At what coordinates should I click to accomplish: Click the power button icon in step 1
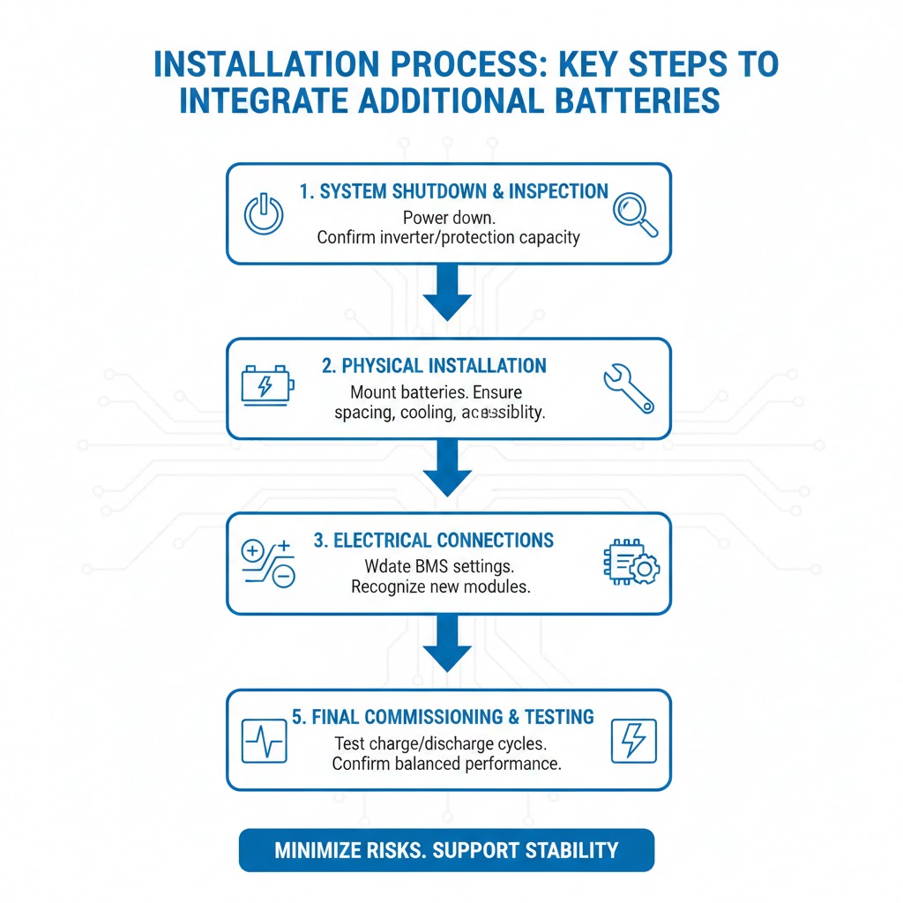(x=263, y=213)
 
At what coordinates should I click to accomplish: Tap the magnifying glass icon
(x=636, y=213)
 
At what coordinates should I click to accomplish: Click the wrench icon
(x=629, y=388)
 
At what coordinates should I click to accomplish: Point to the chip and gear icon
(x=631, y=563)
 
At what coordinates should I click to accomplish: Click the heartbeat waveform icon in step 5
(x=264, y=740)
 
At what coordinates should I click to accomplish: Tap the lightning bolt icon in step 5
(x=633, y=740)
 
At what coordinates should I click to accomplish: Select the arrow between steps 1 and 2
(x=448, y=295)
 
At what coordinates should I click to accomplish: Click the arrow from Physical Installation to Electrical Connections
(x=448, y=469)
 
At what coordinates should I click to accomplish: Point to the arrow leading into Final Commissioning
(x=448, y=646)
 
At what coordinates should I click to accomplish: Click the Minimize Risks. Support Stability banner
(x=446, y=850)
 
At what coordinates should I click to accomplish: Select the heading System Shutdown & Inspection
(x=453, y=191)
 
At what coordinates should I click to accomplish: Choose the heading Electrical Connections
(x=433, y=540)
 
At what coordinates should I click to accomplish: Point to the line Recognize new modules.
(x=440, y=586)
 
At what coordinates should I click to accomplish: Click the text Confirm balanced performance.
(x=446, y=764)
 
